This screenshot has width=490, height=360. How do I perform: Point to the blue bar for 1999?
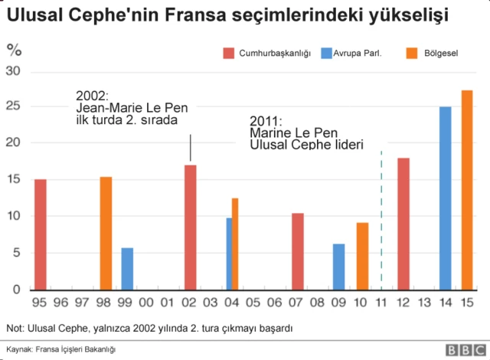127,268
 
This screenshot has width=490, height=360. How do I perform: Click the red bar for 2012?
403,223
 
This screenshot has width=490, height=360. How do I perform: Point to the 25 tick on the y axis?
15,106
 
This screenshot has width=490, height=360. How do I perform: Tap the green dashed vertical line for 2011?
381,222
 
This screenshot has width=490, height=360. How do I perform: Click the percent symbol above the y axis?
14,51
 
